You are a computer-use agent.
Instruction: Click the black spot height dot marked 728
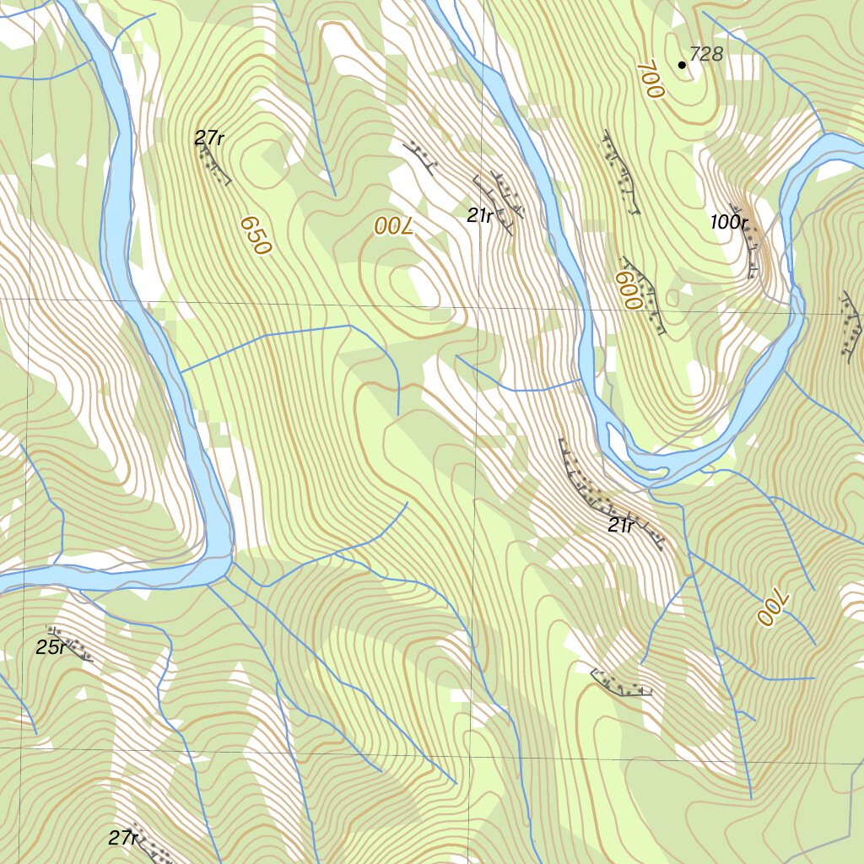(x=682, y=64)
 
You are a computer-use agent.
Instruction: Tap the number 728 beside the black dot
(x=706, y=55)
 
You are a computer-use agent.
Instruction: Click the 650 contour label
(x=255, y=235)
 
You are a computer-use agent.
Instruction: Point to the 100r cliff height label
(x=729, y=223)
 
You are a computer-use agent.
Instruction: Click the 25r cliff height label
(x=51, y=648)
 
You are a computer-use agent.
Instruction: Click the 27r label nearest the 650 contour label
(x=208, y=138)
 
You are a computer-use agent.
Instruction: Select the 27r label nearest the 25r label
(x=123, y=838)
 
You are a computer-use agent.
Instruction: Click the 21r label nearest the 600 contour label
(x=480, y=216)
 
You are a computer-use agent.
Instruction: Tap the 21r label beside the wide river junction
(x=621, y=526)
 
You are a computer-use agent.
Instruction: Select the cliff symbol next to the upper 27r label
(x=214, y=165)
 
